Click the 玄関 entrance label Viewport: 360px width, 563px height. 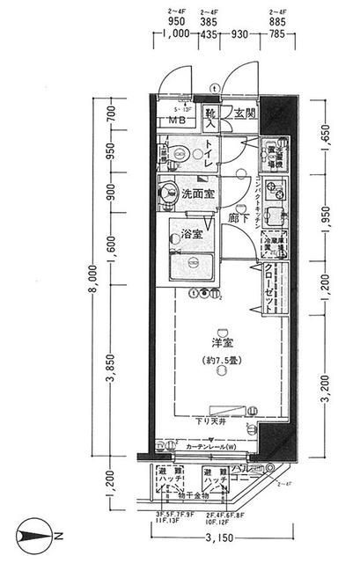245,113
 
